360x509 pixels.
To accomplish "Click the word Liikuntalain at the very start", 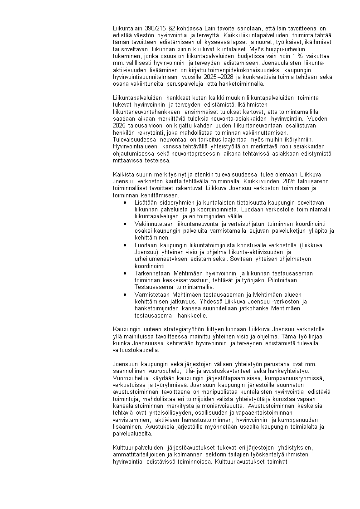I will click(127, 28).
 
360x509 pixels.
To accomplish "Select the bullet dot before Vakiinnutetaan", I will click(125, 224).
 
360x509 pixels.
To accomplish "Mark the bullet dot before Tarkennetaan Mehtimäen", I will click(125, 273).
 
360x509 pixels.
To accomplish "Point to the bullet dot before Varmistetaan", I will click(125, 294).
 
